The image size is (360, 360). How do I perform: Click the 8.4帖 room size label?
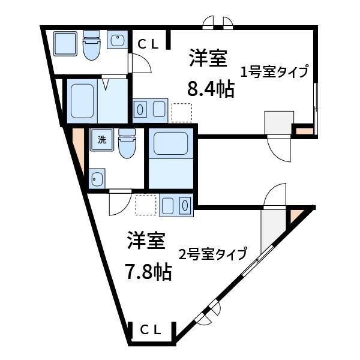click(x=211, y=89)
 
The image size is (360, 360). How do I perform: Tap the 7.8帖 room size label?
click(x=148, y=272)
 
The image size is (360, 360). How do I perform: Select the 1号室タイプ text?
click(x=274, y=71)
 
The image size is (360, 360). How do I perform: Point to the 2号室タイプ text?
click(x=213, y=254)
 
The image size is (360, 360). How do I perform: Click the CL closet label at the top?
click(x=148, y=44)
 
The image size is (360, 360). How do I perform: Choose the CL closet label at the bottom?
click(x=151, y=331)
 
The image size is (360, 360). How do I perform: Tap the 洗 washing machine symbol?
click(x=102, y=140)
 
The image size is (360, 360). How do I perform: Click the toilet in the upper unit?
click(x=92, y=45)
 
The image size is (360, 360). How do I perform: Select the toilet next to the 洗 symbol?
click(x=127, y=143)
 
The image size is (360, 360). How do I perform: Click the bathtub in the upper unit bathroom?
click(x=82, y=101)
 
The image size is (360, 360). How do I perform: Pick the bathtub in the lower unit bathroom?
click(x=171, y=143)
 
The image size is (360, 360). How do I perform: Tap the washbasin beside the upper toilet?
click(x=117, y=40)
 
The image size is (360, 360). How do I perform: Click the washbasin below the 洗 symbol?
click(x=97, y=179)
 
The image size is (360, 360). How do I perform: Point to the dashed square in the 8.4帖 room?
click(x=182, y=113)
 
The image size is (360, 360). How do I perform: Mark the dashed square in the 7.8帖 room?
click(x=146, y=205)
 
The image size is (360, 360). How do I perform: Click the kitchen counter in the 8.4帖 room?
click(x=150, y=110)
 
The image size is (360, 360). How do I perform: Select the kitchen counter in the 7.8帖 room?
click(x=176, y=205)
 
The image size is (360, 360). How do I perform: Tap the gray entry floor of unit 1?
click(x=279, y=123)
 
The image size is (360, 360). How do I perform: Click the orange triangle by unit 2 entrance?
click(x=296, y=215)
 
